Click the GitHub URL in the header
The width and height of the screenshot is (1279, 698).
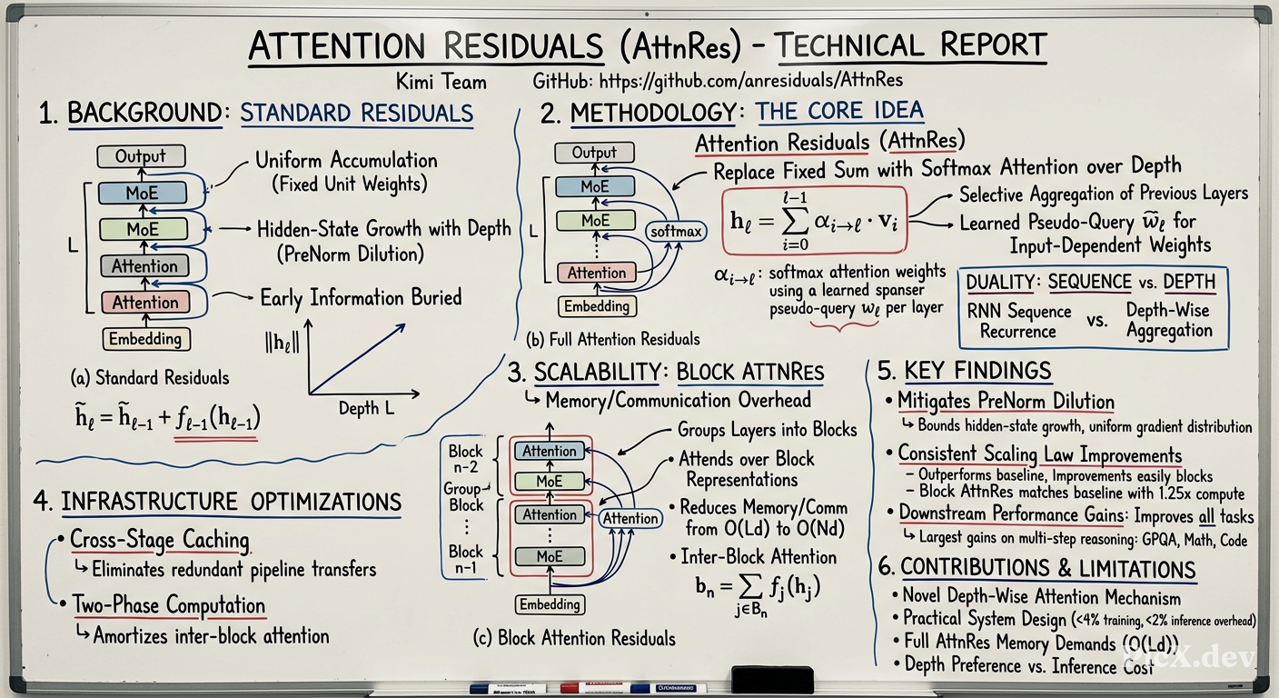pyautogui.click(x=751, y=81)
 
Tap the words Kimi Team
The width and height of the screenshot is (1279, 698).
pyautogui.click(x=441, y=82)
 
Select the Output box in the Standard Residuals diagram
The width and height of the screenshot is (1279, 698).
pyautogui.click(x=141, y=156)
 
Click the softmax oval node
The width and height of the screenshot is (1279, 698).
pyautogui.click(x=676, y=232)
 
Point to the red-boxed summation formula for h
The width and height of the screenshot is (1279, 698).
pyautogui.click(x=814, y=221)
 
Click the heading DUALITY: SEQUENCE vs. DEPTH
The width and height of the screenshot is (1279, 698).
pyautogui.click(x=1091, y=282)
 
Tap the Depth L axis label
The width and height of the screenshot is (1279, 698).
pyautogui.click(x=367, y=408)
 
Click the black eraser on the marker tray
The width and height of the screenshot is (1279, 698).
pyautogui.click(x=772, y=680)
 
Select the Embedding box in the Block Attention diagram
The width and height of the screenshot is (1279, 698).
pyautogui.click(x=550, y=604)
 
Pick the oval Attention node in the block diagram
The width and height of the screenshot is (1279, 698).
pyautogui.click(x=630, y=518)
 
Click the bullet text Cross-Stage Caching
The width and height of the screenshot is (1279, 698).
pyautogui.click(x=160, y=540)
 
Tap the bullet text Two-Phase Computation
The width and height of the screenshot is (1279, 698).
pyautogui.click(x=168, y=605)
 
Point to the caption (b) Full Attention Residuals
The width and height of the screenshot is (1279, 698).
pyautogui.click(x=612, y=339)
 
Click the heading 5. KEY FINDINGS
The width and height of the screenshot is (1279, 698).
pyautogui.click(x=965, y=372)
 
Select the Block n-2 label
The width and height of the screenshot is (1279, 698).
pyautogui.click(x=465, y=459)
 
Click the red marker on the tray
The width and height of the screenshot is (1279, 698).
pyautogui.click(x=595, y=687)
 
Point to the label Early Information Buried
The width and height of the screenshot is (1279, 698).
pyautogui.click(x=361, y=297)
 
